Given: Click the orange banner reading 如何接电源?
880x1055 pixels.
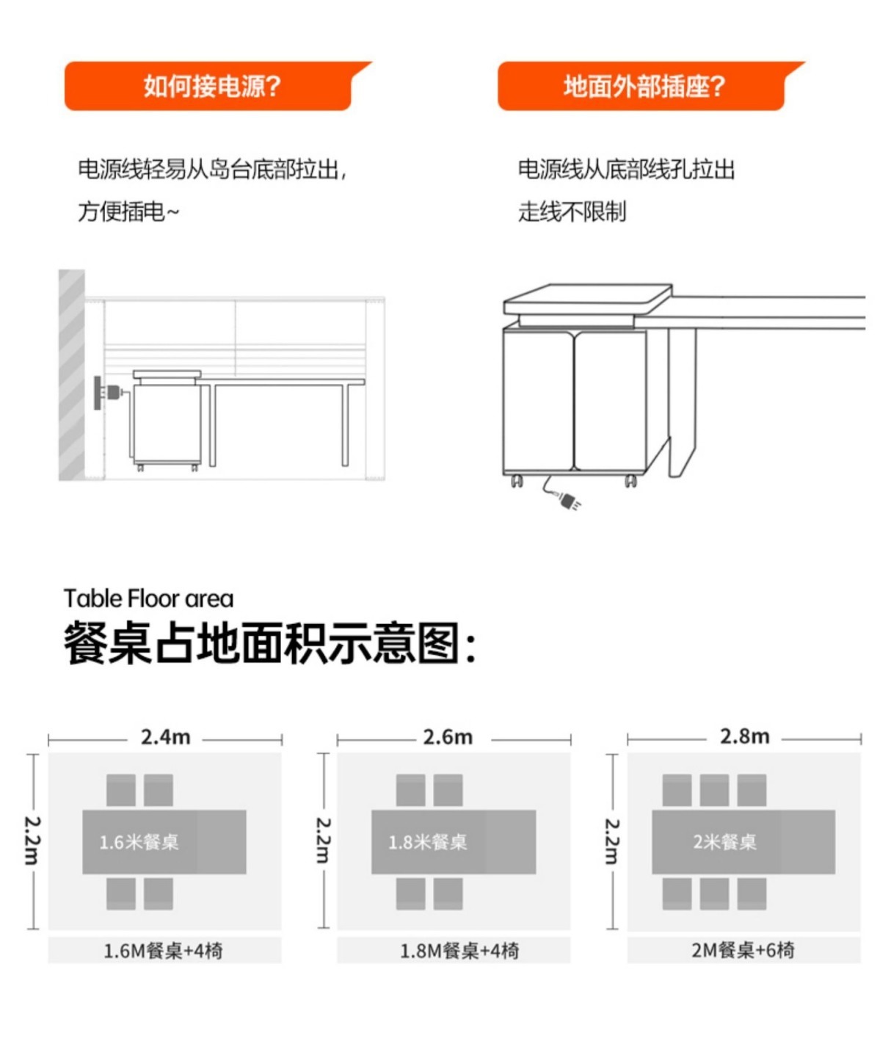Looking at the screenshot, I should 211,87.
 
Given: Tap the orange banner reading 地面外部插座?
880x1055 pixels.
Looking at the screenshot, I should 643,87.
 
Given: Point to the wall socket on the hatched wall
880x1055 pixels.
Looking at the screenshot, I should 98,393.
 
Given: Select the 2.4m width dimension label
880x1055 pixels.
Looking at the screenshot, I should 165,737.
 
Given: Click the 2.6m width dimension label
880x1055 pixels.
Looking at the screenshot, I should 448,737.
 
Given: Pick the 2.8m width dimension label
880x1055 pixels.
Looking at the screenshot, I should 744,737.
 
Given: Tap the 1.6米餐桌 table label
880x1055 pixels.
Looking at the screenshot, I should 139,842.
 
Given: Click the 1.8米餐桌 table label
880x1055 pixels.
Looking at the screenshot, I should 428,842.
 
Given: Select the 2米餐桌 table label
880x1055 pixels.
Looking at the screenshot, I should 724,842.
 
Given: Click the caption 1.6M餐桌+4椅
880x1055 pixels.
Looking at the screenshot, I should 163,951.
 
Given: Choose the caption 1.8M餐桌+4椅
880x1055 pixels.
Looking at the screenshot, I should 459,951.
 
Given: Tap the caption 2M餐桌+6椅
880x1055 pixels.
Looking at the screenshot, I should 743,950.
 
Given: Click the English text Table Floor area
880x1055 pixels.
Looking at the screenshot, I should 148,599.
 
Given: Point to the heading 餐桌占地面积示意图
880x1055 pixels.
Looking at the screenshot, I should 269,644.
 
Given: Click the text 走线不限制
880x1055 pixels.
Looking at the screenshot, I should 572,212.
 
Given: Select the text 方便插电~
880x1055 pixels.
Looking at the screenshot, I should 128,212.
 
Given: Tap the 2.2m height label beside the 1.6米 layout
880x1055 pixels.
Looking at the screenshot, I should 32,840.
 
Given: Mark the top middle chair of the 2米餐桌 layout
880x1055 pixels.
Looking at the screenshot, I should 714,791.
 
